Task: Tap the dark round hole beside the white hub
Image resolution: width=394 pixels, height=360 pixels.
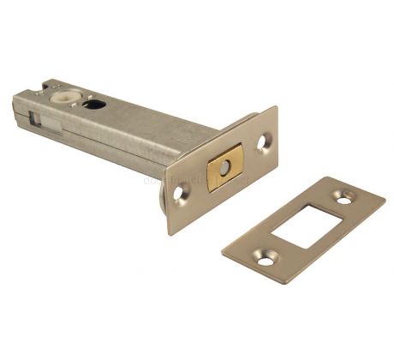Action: (95, 105)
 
